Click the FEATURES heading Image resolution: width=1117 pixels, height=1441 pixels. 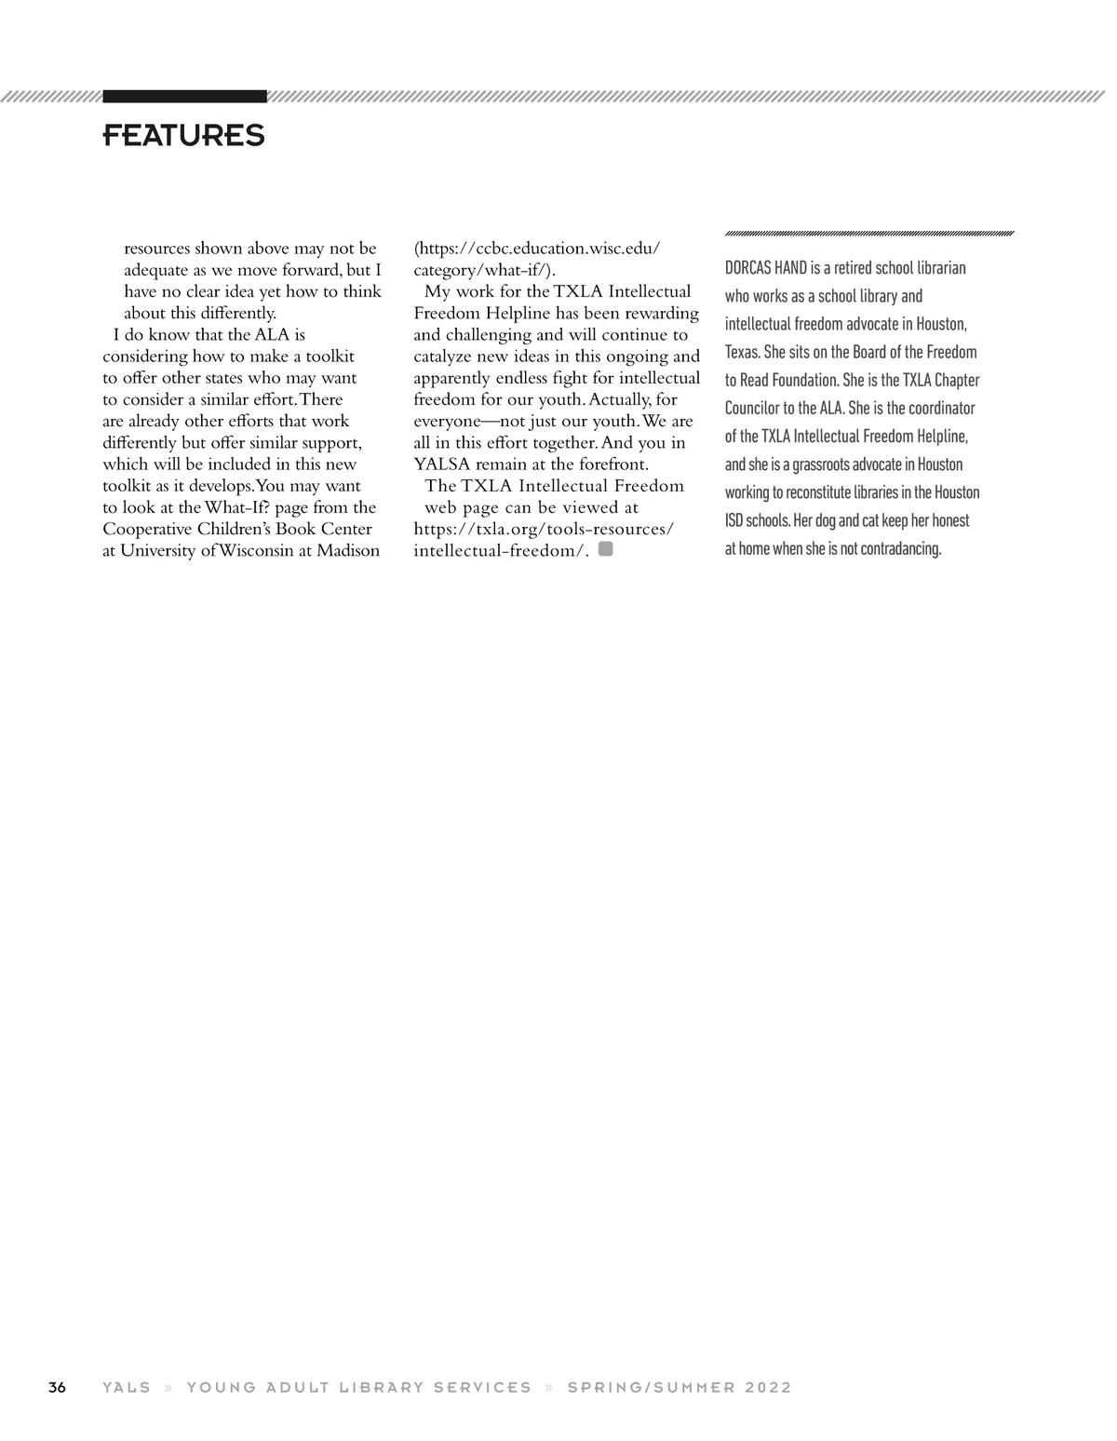183,135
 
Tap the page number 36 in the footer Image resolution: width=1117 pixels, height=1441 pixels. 57,1387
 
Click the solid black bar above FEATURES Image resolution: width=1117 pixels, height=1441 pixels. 184,96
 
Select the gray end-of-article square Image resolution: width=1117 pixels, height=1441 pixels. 606,549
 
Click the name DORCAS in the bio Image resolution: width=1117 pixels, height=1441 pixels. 748,268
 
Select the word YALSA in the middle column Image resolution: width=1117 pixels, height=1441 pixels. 441,464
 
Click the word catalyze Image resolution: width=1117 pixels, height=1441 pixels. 445,356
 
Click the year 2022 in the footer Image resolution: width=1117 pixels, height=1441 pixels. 768,1387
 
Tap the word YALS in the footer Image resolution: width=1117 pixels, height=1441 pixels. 127,1387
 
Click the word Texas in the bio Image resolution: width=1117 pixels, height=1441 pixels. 742,352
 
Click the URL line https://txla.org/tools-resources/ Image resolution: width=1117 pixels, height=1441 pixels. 544,529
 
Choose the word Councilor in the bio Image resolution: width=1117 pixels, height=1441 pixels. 752,408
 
